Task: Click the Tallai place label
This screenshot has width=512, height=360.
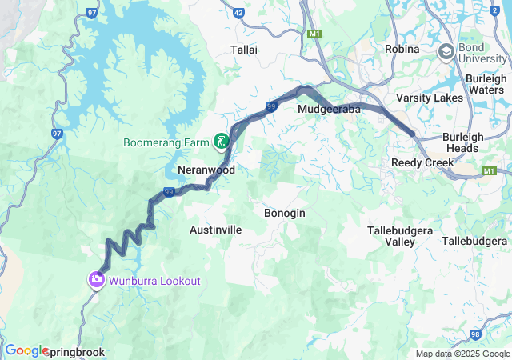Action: pos(243,50)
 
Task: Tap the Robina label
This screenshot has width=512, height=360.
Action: pos(402,50)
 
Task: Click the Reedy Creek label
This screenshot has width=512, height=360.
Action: pos(422,162)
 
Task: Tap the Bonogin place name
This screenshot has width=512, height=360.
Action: pos(284,214)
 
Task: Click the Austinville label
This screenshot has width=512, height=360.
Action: pos(215,230)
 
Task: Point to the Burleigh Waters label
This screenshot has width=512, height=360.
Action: pos(485,84)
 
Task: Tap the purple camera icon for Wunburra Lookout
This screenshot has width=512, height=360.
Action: pos(96,280)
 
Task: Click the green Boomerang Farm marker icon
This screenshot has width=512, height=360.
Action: pos(221,142)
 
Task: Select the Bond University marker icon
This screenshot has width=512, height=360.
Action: pos(446,52)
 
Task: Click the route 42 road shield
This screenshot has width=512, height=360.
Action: pos(238,14)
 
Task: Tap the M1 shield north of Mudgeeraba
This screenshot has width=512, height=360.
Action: pos(314,34)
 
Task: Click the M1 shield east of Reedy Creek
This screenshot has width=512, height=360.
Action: pos(490,171)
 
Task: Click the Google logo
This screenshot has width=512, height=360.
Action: pos(26,350)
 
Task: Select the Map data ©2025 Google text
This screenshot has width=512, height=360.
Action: pos(462,354)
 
